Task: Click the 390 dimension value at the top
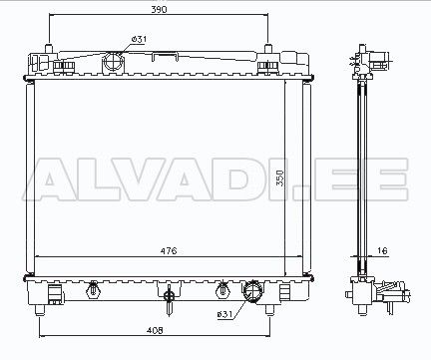click(159, 9)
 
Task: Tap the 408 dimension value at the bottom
click(155, 330)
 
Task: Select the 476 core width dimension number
click(169, 250)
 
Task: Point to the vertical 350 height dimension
click(281, 178)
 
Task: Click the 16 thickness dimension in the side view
click(383, 250)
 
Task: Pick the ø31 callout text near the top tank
click(139, 39)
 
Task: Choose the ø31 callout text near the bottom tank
click(224, 314)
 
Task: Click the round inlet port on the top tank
click(114, 62)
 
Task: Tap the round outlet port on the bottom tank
click(253, 292)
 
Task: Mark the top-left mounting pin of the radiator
click(49, 49)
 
